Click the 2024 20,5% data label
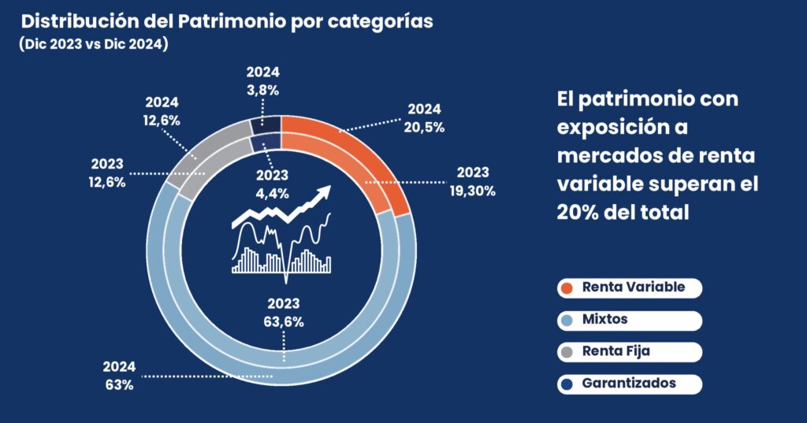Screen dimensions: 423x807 [x=426, y=117]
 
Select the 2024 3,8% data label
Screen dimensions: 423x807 [x=262, y=82]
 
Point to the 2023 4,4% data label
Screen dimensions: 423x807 [x=271, y=183]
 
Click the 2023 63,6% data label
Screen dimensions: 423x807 [x=285, y=312]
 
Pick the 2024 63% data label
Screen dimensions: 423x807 [x=119, y=376]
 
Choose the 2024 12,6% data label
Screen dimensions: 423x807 [x=162, y=112]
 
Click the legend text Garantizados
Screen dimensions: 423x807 [x=629, y=384]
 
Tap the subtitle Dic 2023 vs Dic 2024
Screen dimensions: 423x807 [x=94, y=46]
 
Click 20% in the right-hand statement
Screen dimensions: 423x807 [x=582, y=212]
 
